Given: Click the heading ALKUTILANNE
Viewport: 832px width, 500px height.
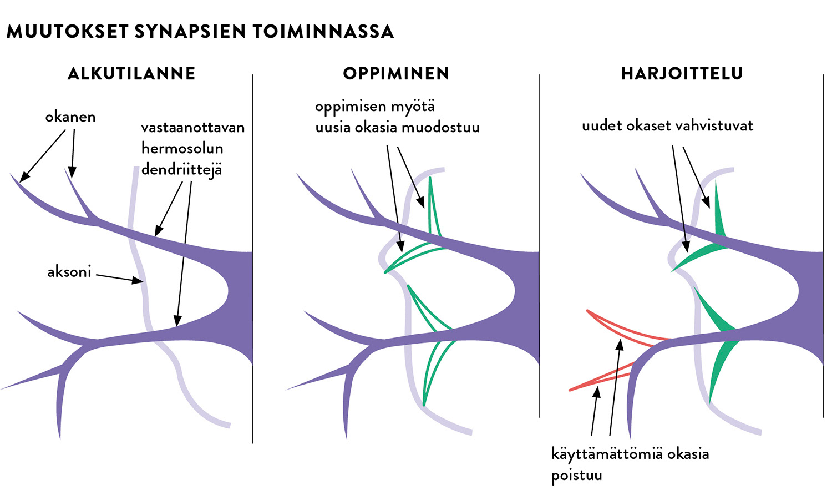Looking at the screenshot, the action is [131, 73].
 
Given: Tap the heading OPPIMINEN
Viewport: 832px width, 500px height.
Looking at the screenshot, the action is [395, 73].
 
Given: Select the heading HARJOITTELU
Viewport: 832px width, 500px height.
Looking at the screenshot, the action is [682, 73].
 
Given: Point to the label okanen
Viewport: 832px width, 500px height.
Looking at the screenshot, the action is [70, 117].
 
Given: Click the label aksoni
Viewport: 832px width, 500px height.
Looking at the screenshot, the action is [69, 272].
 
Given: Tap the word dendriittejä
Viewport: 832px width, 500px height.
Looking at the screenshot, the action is [181, 169].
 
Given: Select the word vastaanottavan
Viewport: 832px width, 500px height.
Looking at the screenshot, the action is [192, 128].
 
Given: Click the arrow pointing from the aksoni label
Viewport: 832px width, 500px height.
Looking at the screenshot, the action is [119, 277].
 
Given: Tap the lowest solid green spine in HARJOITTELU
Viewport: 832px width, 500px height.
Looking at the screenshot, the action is [722, 361].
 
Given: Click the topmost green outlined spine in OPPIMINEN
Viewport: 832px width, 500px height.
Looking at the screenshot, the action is [433, 208].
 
